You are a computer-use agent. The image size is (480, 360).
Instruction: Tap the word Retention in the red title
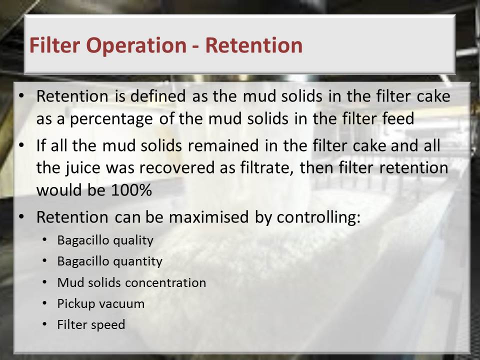coord(254,45)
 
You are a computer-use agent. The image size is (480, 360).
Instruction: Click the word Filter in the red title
coord(55,45)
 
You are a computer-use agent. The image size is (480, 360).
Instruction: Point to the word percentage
coord(111,119)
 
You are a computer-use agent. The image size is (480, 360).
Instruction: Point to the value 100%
coord(131,190)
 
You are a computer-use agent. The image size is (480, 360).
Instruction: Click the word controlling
coord(318,217)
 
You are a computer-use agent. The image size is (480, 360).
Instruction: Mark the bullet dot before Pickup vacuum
coord(44,303)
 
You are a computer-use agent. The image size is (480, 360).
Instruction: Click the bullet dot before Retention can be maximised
coord(21,216)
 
